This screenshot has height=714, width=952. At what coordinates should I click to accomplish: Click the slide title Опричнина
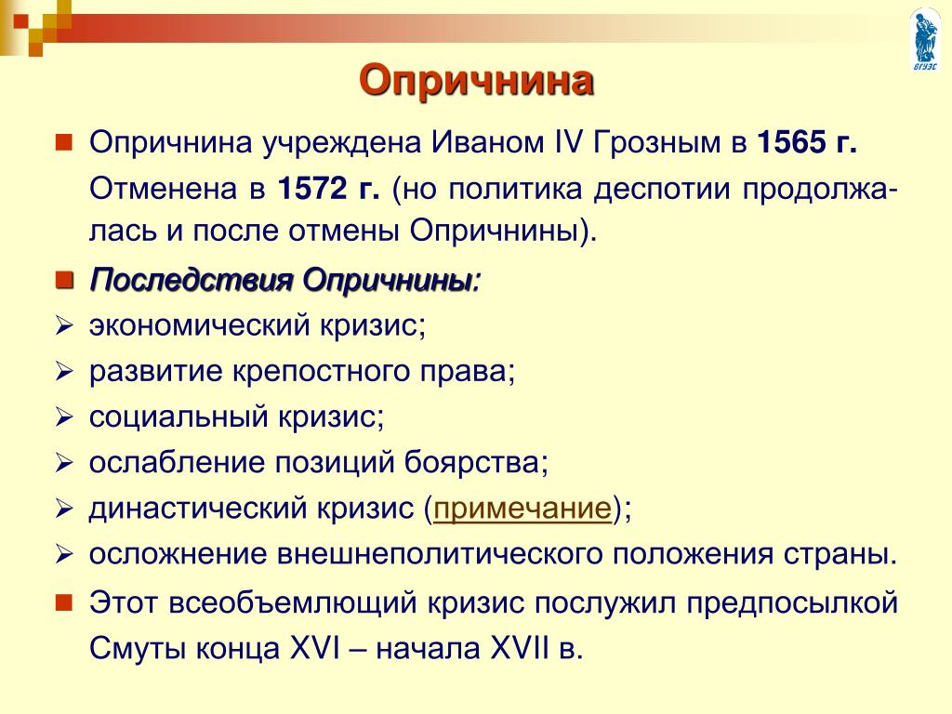[x=476, y=82]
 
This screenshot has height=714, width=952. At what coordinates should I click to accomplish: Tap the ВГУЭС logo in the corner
[x=925, y=39]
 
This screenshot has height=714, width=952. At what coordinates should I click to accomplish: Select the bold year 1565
[x=792, y=142]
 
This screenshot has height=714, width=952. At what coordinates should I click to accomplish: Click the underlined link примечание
[x=522, y=509]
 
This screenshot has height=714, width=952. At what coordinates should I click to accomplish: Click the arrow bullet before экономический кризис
[x=64, y=326]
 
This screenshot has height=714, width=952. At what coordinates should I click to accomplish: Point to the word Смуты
[x=138, y=649]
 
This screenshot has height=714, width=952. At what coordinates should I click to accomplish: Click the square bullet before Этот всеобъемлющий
[x=64, y=602]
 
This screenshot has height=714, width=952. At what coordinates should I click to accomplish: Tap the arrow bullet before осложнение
[x=64, y=554]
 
